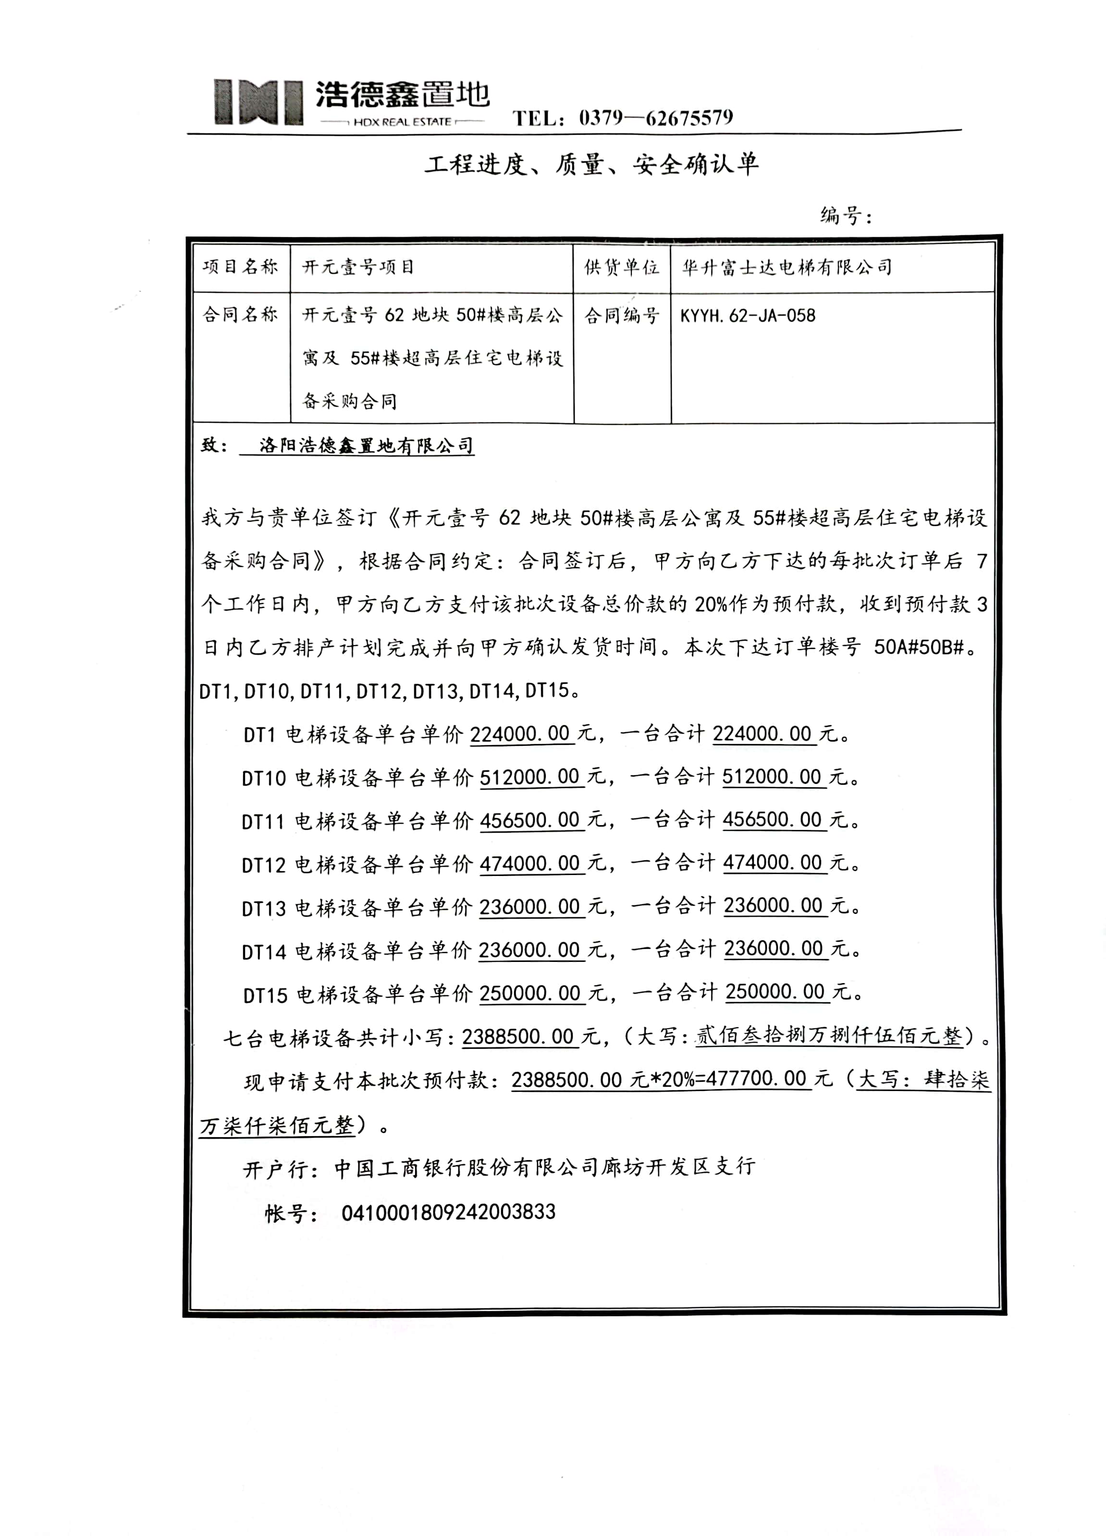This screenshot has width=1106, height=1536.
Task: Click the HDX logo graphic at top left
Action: point(258,102)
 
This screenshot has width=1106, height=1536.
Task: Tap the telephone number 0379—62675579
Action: point(655,119)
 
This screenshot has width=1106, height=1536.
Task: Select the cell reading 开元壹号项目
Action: point(358,267)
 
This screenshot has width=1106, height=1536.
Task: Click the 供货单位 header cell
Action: point(621,267)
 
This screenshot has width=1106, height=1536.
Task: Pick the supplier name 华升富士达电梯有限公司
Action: point(786,267)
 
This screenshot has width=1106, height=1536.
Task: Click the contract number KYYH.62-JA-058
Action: point(748,315)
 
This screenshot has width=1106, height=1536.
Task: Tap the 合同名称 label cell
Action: point(241,314)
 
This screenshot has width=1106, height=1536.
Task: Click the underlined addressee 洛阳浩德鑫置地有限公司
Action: point(366,445)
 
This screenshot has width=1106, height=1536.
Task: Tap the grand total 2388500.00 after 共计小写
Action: point(518,1037)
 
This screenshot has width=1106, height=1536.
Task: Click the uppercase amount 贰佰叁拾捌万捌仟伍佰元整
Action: point(829,1036)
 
